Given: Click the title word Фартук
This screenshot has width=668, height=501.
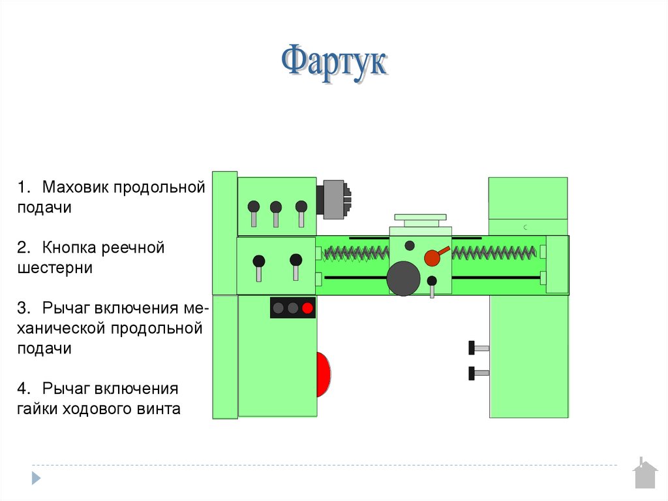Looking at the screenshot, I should [334, 63].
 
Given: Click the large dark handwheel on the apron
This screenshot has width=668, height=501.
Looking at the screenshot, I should [403, 279].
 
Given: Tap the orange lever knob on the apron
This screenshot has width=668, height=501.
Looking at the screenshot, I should [432, 257].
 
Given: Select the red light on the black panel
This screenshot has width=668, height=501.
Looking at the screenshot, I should [307, 308].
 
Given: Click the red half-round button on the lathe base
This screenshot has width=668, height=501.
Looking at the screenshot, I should [323, 374].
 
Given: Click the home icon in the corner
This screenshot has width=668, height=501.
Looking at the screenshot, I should [645, 475].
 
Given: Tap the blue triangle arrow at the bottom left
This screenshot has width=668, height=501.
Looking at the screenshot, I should [36, 477].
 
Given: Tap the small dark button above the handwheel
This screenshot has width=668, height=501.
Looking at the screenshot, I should [410, 246].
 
